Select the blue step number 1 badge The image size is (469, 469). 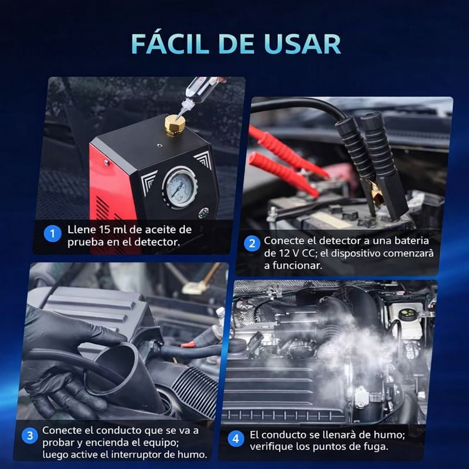[x=53, y=234]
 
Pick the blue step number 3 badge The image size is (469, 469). [x=30, y=436]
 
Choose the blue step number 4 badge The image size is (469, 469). [x=235, y=438]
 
